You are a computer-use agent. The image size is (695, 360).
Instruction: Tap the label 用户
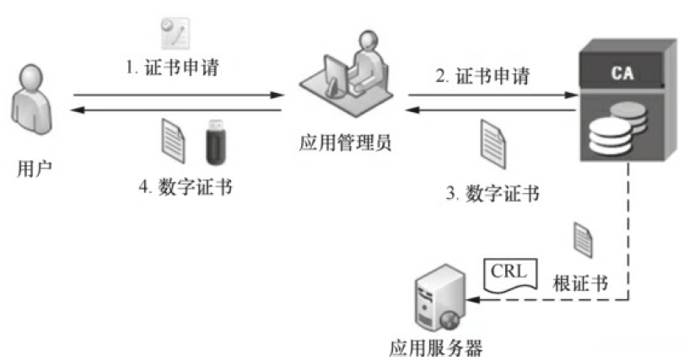pos(35,168)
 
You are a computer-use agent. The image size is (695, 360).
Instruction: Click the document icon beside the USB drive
pos(173,139)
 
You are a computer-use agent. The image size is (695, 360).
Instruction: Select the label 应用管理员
pos(345,143)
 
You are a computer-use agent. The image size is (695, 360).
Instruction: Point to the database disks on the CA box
pos(621,123)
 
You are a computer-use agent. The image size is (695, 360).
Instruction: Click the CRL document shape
pos(510,273)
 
